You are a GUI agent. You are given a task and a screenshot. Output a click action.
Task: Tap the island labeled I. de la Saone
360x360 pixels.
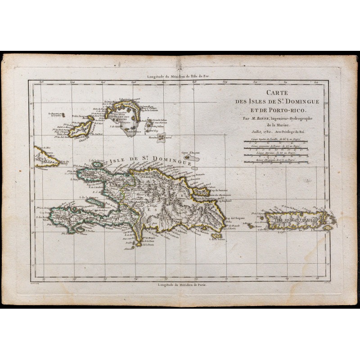click(217, 236)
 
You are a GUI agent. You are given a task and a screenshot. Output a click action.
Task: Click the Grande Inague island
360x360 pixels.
click(80, 130)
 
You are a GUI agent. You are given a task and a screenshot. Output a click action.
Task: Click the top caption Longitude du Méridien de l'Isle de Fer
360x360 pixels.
click(179, 76)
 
